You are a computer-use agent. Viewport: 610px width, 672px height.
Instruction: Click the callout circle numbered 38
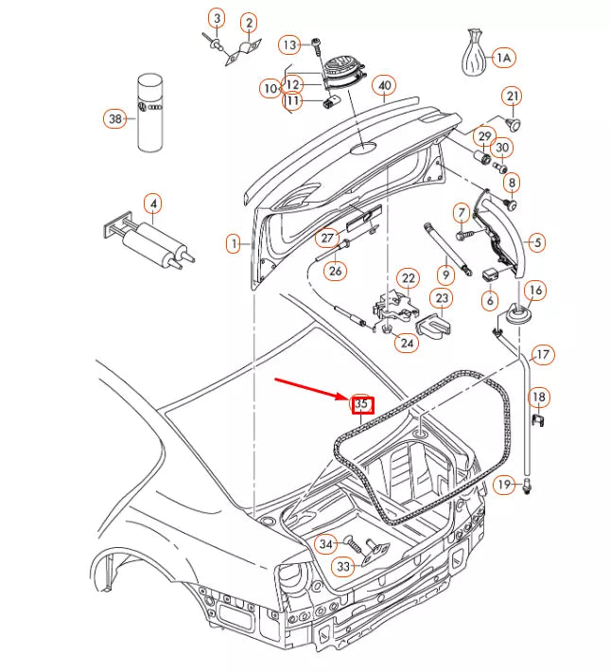115,119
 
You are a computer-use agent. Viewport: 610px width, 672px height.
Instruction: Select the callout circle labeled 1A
502,58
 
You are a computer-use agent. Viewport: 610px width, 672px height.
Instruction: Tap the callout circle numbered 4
152,202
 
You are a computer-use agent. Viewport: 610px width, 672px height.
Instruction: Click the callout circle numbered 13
289,44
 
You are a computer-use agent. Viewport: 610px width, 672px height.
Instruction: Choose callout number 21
512,97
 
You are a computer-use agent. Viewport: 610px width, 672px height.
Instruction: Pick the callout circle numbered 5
536,243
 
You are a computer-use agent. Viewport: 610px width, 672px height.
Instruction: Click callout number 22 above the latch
408,278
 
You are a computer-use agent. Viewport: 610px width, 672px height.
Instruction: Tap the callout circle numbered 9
444,274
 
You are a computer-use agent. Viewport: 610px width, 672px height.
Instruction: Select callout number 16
534,290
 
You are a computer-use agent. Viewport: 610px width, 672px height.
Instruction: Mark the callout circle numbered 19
504,485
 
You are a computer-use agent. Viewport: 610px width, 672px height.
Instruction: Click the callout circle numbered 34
325,544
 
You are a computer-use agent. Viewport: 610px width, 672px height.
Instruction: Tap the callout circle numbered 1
233,244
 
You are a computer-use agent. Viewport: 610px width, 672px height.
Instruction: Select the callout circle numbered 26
336,272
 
